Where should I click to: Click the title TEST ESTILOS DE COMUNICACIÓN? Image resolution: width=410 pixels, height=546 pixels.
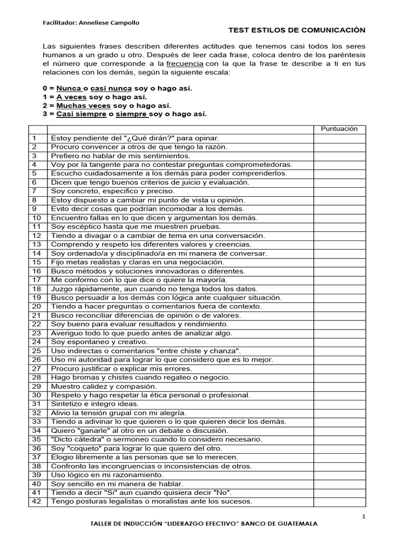pyautogui.click(x=293, y=31)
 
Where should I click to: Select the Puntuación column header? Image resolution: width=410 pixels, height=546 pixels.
pyautogui.click(x=339, y=129)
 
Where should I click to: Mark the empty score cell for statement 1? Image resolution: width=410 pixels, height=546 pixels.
pyautogui.click(x=339, y=138)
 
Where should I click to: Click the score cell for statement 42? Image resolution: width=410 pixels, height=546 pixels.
pyautogui.click(x=339, y=501)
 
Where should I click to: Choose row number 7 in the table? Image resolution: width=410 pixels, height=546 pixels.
pyautogui.click(x=35, y=191)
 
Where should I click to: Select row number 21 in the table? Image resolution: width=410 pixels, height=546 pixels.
pyautogui.click(x=36, y=315)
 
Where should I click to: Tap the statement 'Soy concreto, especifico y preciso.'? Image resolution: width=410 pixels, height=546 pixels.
pyautogui.click(x=113, y=191)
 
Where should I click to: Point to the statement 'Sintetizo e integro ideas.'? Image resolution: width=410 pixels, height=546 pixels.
pyautogui.click(x=95, y=404)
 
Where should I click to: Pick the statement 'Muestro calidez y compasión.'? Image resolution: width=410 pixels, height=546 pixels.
pyautogui.click(x=104, y=386)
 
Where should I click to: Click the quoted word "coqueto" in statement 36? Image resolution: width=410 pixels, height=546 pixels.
pyautogui.click(x=81, y=448)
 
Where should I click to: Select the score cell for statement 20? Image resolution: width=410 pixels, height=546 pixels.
pyautogui.click(x=339, y=306)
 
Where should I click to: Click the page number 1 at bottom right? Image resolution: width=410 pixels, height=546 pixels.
pyautogui.click(x=364, y=516)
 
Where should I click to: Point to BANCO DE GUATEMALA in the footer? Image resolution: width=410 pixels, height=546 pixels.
pyautogui.click(x=280, y=524)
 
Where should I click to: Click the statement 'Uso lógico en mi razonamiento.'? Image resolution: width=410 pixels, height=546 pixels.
pyautogui.click(x=107, y=475)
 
